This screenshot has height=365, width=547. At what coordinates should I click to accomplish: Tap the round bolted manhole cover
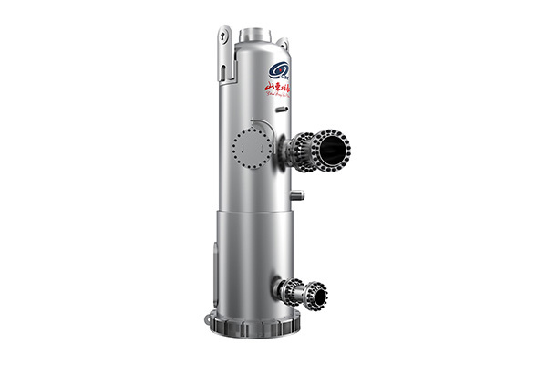[250, 146]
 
